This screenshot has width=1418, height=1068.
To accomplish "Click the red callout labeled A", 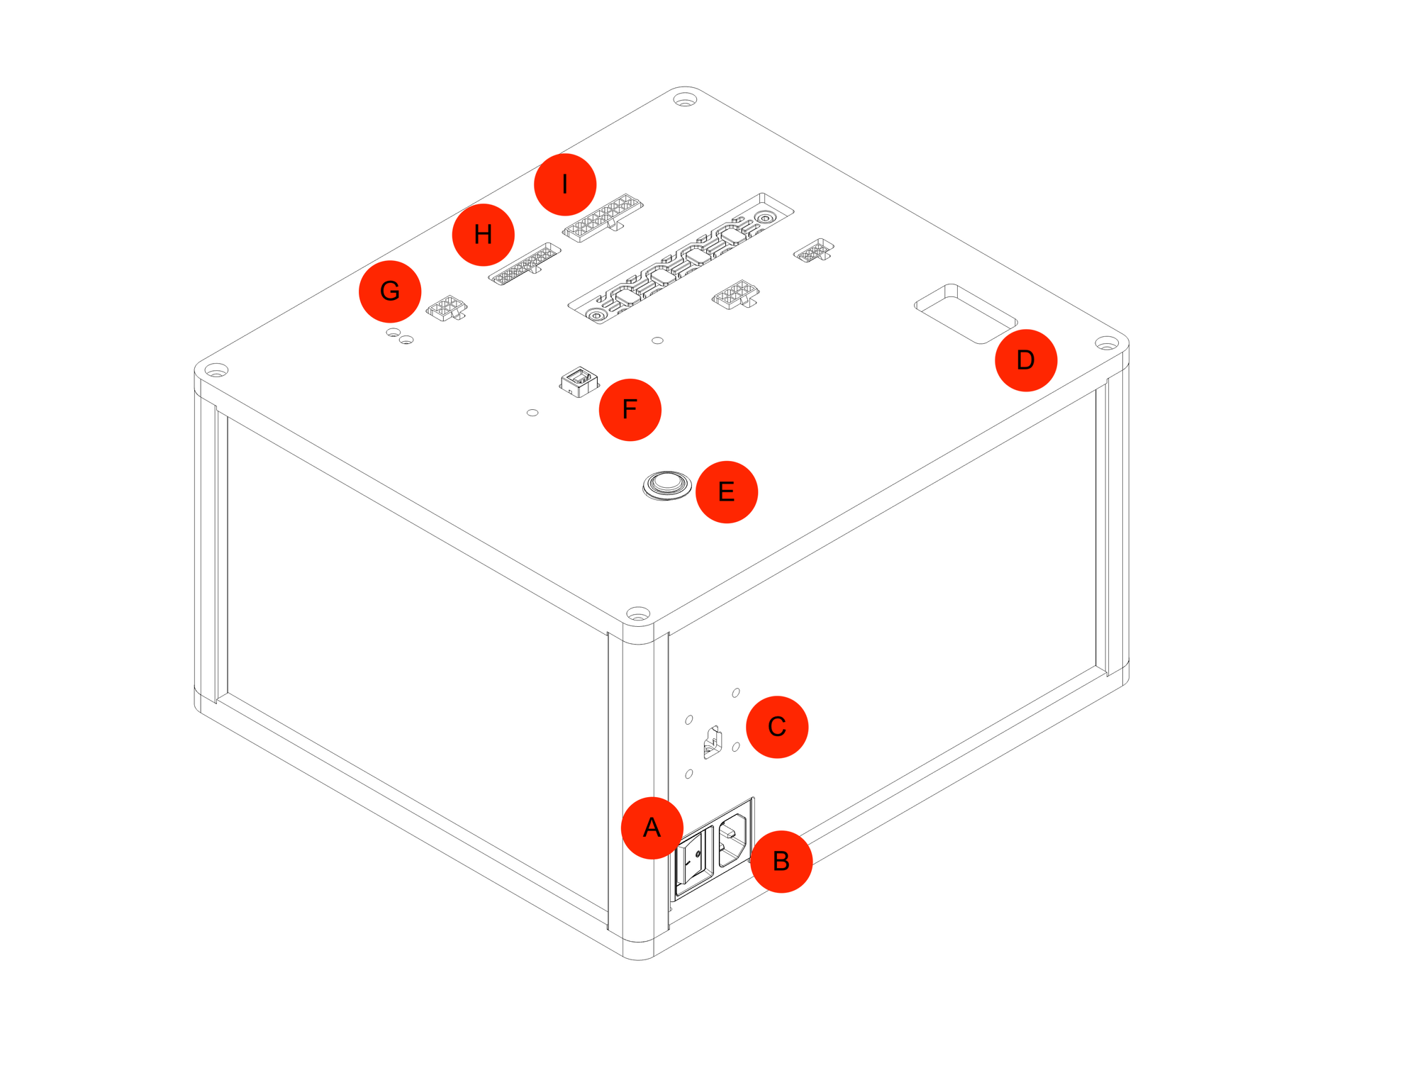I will click(652, 828).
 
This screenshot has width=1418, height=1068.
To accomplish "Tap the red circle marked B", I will click(781, 861).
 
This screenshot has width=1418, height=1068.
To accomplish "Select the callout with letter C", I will click(776, 727).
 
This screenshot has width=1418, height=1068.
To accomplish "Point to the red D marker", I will click(1025, 360).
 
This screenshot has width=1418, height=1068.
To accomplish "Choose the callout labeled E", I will click(726, 491).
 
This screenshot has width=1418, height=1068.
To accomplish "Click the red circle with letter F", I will click(630, 409).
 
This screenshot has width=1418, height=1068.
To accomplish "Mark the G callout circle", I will click(390, 291).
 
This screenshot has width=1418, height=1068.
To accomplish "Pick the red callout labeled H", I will click(483, 235).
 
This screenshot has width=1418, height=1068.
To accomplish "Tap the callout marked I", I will click(564, 184).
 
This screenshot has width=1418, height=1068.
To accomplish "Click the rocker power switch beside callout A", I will click(693, 860).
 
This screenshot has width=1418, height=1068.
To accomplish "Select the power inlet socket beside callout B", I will click(733, 840).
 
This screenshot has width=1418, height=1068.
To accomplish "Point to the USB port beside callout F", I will click(579, 382).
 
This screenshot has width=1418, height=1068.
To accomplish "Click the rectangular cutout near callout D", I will click(966, 313).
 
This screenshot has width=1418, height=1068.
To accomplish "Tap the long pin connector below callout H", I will click(525, 264).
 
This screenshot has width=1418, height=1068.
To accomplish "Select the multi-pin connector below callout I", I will click(603, 217).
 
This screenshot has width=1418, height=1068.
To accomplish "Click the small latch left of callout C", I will click(712, 742).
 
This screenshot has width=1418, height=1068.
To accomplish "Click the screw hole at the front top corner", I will click(638, 613).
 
